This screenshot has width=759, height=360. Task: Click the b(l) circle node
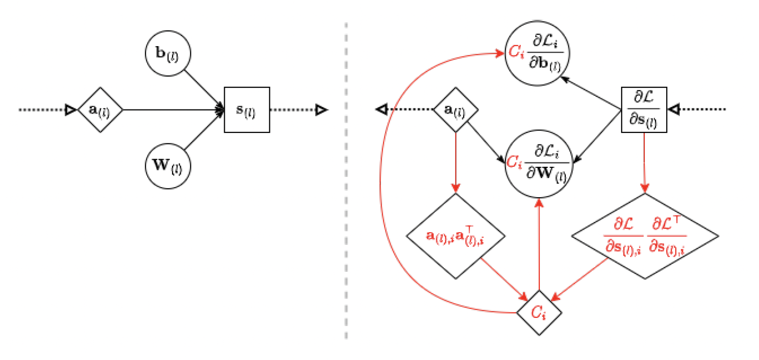(167, 54)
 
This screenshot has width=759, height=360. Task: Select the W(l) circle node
(167, 165)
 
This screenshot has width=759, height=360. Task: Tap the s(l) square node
(247, 110)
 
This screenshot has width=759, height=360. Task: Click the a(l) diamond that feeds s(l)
(100, 110)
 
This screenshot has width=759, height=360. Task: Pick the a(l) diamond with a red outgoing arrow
(456, 110)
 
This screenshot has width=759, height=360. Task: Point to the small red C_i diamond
(539, 312)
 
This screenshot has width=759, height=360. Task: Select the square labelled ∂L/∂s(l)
(644, 110)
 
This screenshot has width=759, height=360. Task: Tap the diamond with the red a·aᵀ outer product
(456, 236)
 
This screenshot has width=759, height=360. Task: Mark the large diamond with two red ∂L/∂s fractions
(644, 236)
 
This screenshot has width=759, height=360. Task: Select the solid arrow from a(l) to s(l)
(172, 110)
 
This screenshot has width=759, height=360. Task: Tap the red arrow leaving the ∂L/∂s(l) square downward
(644, 162)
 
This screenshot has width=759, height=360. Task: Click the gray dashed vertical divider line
(347, 203)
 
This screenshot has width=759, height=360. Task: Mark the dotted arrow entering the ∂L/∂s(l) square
(700, 110)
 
